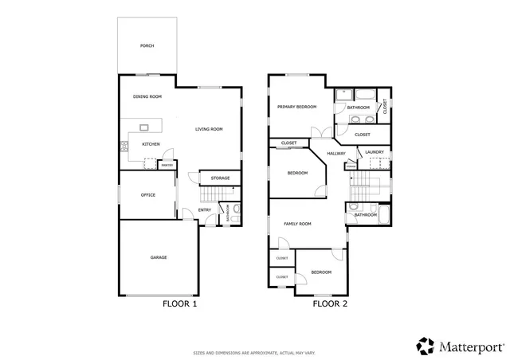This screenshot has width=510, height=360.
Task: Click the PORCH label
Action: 147,45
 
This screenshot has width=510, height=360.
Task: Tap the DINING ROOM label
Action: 147,96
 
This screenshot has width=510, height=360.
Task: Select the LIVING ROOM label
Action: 209,129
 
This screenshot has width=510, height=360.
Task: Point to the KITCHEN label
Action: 151,144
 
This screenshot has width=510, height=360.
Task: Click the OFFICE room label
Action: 147,194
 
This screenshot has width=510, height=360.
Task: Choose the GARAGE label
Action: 159,257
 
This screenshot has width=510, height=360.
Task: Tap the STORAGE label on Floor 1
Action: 221,178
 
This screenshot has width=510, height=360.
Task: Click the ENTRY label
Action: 204,210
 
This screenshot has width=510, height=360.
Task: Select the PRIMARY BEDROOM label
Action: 297,106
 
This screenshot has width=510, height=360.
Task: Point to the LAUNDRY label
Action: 375,151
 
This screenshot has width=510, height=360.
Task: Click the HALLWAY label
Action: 336,153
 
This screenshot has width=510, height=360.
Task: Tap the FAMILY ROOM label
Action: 297,224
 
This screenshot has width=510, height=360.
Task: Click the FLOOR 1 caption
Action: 179,303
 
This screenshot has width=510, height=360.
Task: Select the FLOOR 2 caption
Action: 329,303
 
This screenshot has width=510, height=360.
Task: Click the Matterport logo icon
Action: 425,346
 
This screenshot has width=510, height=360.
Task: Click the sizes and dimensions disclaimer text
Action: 254,351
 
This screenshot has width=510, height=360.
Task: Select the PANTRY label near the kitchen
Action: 167,165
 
